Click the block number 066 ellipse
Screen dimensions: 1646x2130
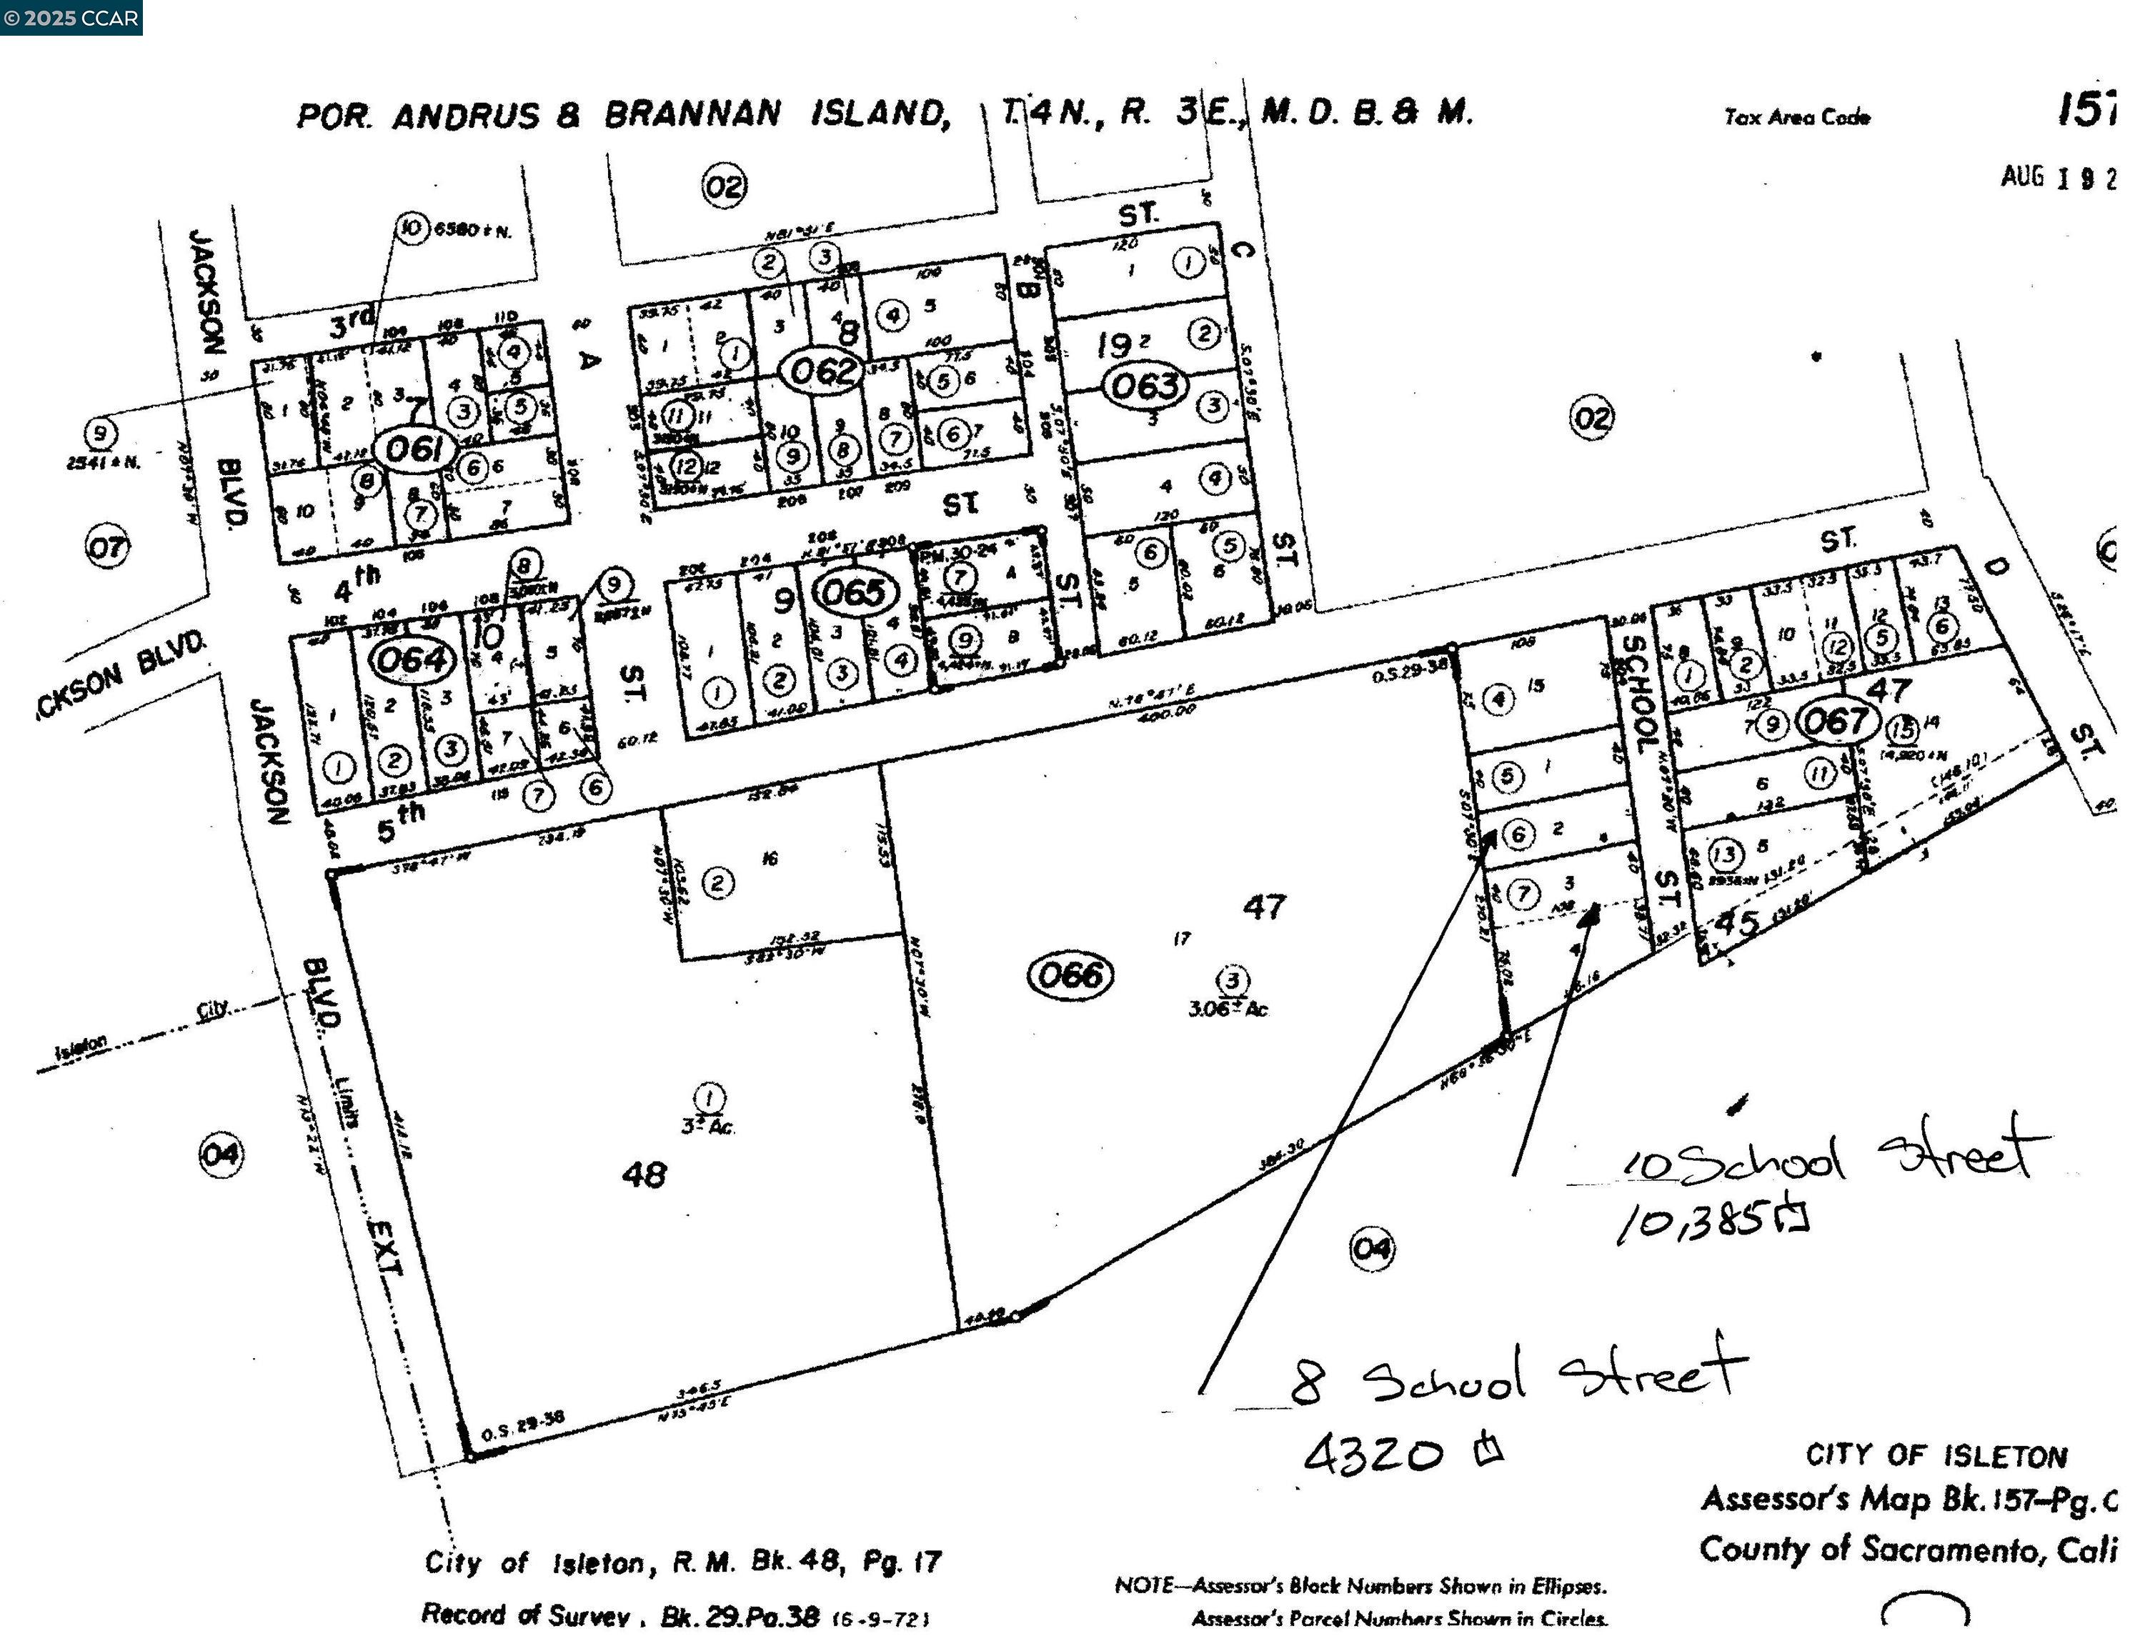coord(1070,974)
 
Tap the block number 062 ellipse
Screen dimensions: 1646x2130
coord(823,371)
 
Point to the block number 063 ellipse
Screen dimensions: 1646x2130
coord(1145,385)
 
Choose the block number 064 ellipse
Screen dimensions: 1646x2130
coord(412,660)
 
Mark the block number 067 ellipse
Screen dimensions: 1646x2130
coord(1836,722)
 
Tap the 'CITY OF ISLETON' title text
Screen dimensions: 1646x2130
coord(1936,1457)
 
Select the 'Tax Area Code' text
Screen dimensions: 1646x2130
coord(1796,118)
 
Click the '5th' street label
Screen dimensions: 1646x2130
coord(401,824)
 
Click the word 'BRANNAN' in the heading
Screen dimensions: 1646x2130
coord(692,115)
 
